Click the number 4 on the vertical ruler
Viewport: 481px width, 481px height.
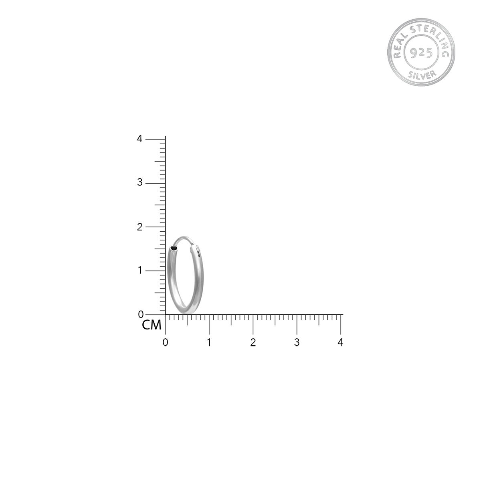point(139,139)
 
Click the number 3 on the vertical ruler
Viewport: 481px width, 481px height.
point(139,182)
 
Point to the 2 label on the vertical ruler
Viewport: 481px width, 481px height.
point(139,226)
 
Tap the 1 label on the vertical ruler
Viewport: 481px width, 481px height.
point(139,271)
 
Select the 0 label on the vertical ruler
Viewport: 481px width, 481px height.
point(141,315)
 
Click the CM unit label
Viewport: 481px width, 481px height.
point(152,325)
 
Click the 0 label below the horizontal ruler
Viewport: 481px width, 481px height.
point(165,342)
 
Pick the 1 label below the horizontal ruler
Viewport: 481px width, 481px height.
point(209,342)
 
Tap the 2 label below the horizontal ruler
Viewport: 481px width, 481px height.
point(253,342)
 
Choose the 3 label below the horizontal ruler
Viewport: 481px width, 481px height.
point(297,342)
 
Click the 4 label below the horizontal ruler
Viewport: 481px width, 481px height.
point(341,342)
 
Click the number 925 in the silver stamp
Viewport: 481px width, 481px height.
point(421,53)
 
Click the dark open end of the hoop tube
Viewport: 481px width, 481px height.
point(174,249)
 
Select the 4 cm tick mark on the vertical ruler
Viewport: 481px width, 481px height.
point(156,139)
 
